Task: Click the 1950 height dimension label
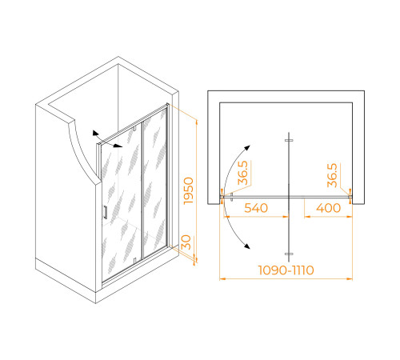(x=189, y=191)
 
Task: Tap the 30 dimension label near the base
(x=186, y=242)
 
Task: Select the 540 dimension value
(x=256, y=208)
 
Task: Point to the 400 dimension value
(x=328, y=208)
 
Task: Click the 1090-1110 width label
(x=286, y=270)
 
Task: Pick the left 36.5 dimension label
(x=243, y=173)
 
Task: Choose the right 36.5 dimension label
(x=332, y=175)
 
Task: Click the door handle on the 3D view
(x=105, y=212)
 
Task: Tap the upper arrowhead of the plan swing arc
(x=248, y=148)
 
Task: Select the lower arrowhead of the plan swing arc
(x=247, y=246)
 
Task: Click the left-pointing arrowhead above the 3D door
(x=95, y=133)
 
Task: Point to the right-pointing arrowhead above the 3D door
(x=118, y=146)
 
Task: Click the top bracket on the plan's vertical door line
(x=289, y=140)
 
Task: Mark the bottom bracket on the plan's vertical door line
(x=289, y=254)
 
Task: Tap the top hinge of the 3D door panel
(x=134, y=129)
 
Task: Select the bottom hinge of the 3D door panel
(x=134, y=260)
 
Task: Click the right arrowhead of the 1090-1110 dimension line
(x=350, y=279)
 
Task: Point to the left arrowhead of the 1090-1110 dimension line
(x=222, y=279)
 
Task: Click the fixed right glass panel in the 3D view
(x=155, y=183)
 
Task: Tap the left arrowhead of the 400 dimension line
(x=307, y=217)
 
